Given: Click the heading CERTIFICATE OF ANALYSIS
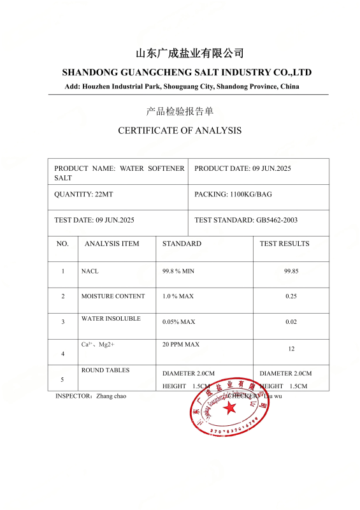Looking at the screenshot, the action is click(x=180, y=131).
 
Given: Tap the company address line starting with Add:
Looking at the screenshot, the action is click(x=182, y=86).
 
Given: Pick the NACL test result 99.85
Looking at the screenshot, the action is click(x=291, y=271).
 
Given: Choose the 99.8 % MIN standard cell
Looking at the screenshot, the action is click(x=178, y=271).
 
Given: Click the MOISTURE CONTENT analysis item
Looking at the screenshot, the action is click(x=113, y=296).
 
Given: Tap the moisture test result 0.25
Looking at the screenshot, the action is click(x=291, y=296).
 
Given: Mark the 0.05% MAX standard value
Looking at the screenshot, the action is click(x=178, y=322).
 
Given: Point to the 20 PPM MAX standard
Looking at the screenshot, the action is click(x=181, y=344).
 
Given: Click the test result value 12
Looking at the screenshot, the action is click(x=291, y=349).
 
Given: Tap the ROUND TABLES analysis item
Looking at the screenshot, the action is click(x=105, y=370).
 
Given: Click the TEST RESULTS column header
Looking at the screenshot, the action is click(x=284, y=244).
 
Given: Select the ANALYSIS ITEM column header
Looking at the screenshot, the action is click(x=112, y=244).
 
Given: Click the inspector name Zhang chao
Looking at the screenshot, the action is click(x=111, y=396).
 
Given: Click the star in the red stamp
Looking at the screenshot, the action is click(x=229, y=408).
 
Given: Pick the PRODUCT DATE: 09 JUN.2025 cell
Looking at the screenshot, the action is click(x=242, y=168).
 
